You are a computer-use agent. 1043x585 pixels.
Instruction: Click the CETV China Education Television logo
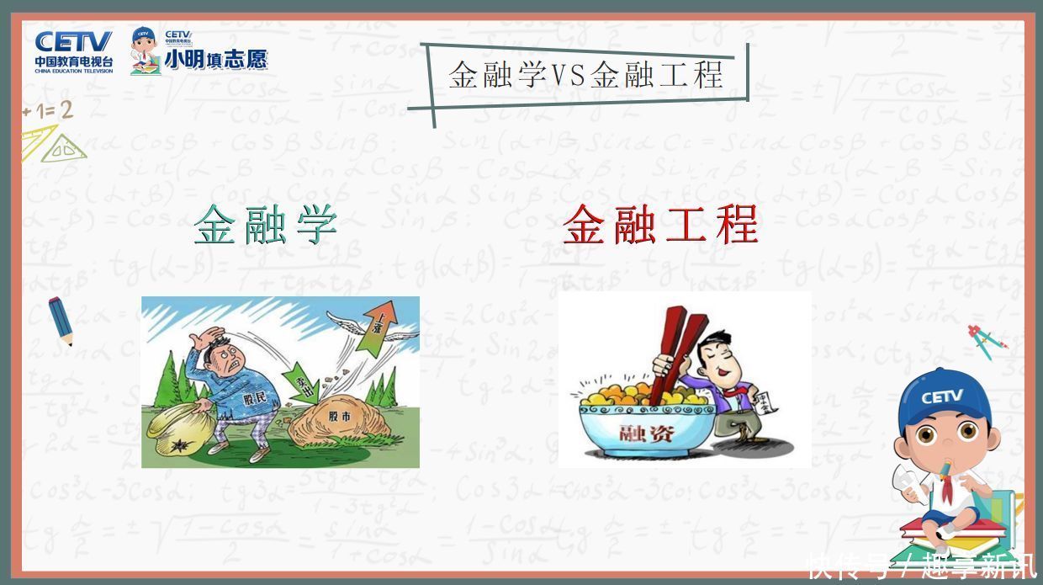click(x=73, y=51)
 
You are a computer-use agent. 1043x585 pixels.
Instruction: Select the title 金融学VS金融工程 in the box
click(x=585, y=75)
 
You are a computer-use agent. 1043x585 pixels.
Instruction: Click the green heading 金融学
click(x=266, y=225)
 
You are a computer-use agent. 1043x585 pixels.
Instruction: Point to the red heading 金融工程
click(x=660, y=224)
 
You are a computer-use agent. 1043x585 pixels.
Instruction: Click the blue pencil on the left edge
click(x=61, y=321)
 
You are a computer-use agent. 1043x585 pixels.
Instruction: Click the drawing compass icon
click(x=986, y=340)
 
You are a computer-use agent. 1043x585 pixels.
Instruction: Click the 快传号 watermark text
click(x=850, y=566)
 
